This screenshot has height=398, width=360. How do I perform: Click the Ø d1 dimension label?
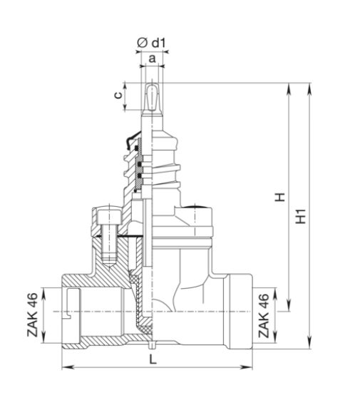click(x=151, y=43)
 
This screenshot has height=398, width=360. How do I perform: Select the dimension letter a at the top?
click(x=152, y=58)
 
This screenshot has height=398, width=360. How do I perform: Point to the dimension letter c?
click(x=118, y=95)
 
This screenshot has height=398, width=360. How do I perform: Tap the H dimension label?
click(x=280, y=197)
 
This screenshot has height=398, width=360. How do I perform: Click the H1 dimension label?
click(x=301, y=216)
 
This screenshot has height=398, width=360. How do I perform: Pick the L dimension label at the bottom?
click(x=153, y=359)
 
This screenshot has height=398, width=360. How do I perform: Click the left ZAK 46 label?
click(x=33, y=315)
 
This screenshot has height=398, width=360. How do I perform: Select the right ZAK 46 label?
click(x=263, y=315)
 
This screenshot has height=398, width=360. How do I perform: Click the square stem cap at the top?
click(x=152, y=96)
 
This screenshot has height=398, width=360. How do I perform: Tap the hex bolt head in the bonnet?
click(x=109, y=216)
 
